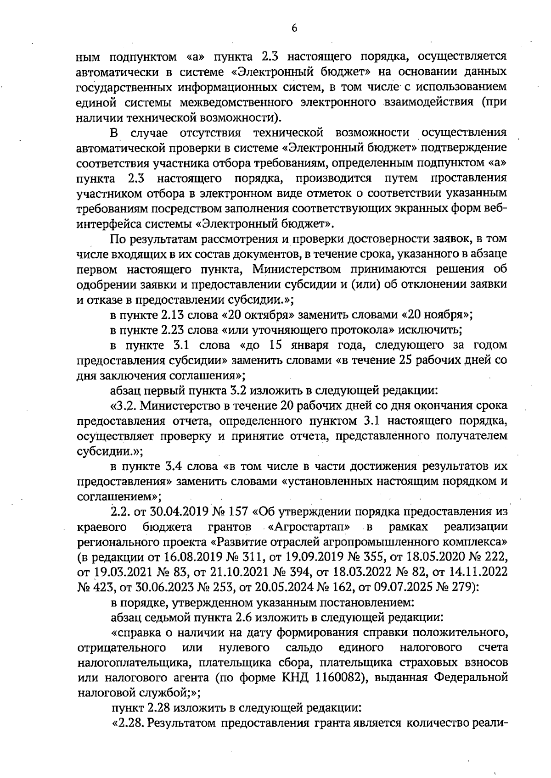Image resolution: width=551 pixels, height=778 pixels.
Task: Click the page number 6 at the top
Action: pyautogui.click(x=294, y=28)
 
